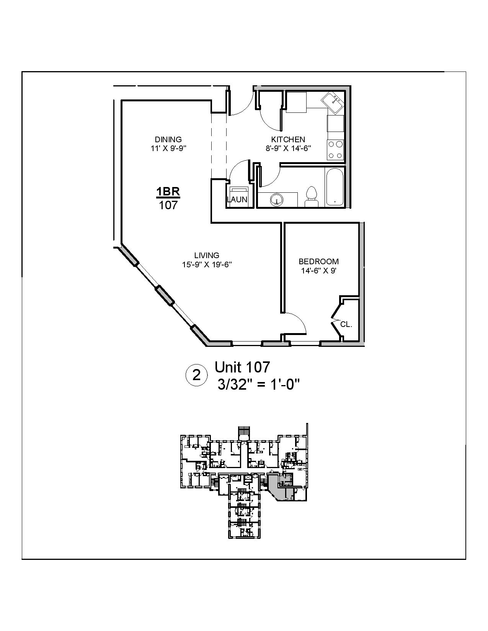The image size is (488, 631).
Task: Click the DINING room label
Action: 168,140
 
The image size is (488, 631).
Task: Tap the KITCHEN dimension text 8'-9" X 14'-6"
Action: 288,148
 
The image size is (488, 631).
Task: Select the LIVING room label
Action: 207,255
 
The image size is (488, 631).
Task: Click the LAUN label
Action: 237,200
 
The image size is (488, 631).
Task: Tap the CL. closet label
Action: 346,324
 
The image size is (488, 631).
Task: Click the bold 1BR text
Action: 168,191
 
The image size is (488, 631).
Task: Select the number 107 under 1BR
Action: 168,205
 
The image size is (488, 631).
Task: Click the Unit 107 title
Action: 242,367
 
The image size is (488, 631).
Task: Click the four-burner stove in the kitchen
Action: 336,150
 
